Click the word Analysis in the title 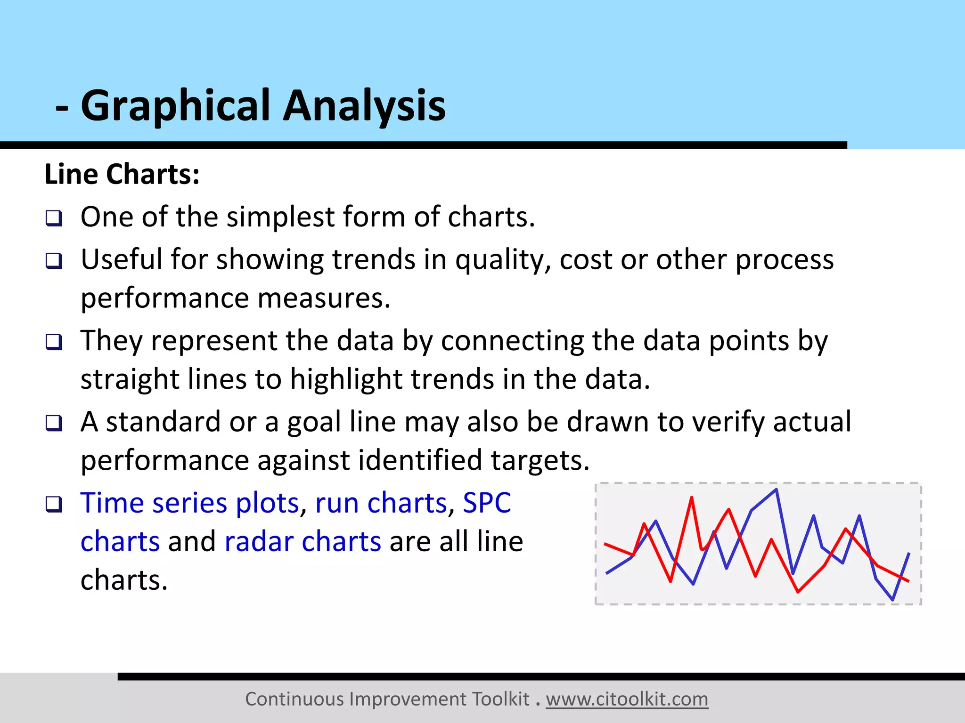coord(364,106)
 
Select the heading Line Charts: coord(122,174)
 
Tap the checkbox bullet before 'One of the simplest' coord(54,218)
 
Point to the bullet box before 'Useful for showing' coord(54,260)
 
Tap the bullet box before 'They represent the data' coord(54,342)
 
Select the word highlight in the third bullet coord(345,379)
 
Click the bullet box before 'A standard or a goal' coord(54,423)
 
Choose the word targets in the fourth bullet coord(540,460)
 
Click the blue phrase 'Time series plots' coord(190,503)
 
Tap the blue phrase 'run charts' coord(381,503)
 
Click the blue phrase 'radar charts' coord(303,542)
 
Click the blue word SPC coord(487,503)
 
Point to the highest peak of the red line coord(692,498)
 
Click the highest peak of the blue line coord(776,490)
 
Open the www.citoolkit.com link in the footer coord(627,699)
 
